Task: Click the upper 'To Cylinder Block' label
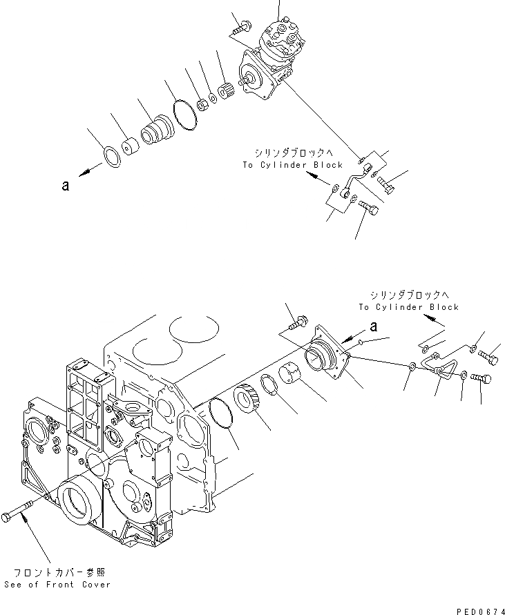tap(292, 165)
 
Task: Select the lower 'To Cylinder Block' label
tap(408, 306)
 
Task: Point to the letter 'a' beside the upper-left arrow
tap(65, 186)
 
